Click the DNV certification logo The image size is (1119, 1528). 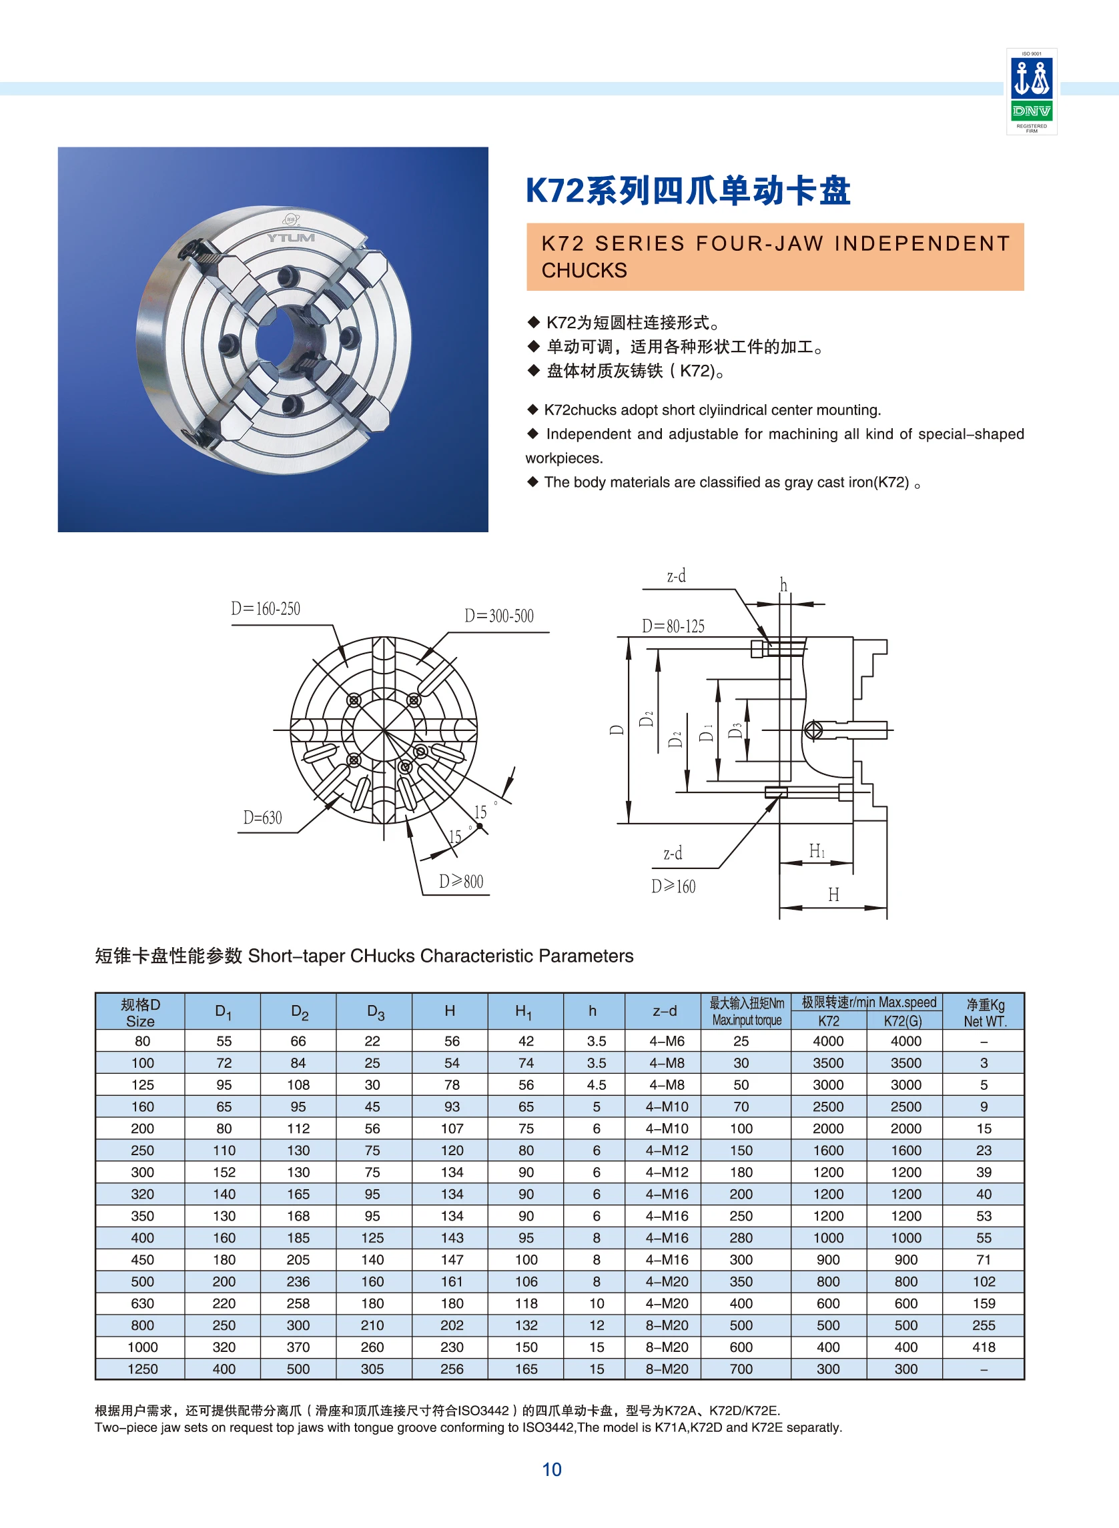pyautogui.click(x=1031, y=91)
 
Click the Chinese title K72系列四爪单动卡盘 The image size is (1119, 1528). pyautogui.click(x=687, y=190)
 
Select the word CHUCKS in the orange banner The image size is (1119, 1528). pyautogui.click(x=584, y=270)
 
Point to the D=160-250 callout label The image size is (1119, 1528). pyautogui.click(x=266, y=609)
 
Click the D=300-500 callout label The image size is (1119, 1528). pyautogui.click(x=499, y=616)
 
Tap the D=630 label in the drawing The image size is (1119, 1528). pyautogui.click(x=263, y=818)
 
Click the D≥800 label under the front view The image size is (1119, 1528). pyautogui.click(x=460, y=882)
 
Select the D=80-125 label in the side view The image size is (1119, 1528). pyautogui.click(x=673, y=626)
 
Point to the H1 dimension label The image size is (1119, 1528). pyautogui.click(x=817, y=851)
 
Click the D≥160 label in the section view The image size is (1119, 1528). pyautogui.click(x=673, y=886)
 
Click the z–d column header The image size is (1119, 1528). pyautogui.click(x=664, y=1010)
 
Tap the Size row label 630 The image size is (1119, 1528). pyautogui.click(x=142, y=1303)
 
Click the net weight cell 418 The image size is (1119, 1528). pyautogui.click(x=984, y=1347)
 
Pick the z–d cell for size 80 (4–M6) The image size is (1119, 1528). pyautogui.click(x=667, y=1041)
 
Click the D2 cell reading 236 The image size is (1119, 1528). pyautogui.click(x=298, y=1282)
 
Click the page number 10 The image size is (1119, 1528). pyautogui.click(x=551, y=1469)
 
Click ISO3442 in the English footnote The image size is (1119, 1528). pyautogui.click(x=548, y=1427)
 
